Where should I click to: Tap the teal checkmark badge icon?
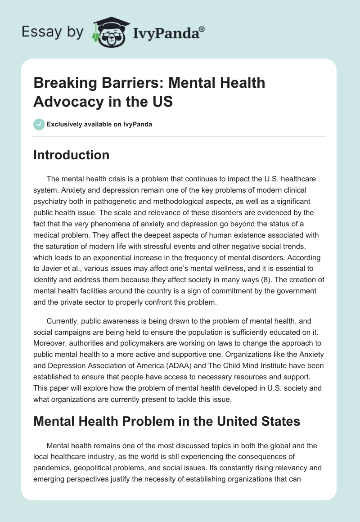tap(39, 124)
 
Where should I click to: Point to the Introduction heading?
tap(71, 155)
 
